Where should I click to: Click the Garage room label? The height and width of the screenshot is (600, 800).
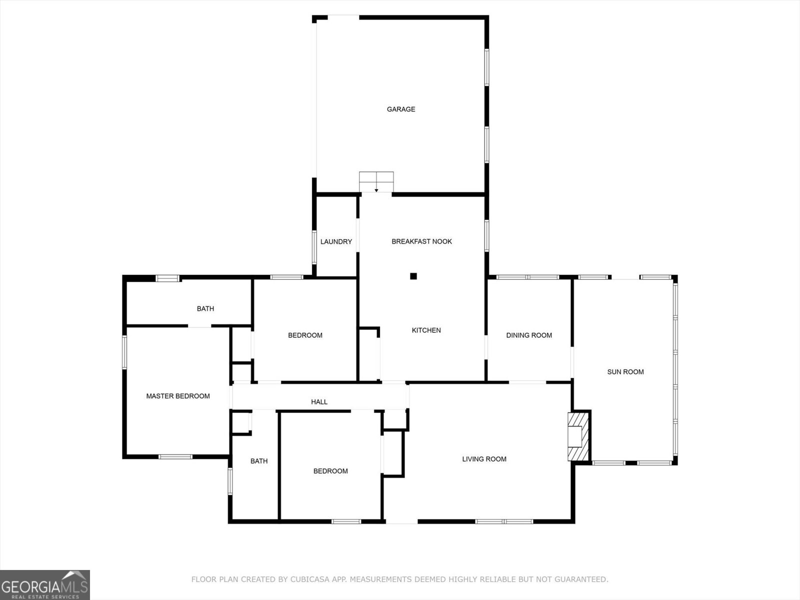[x=401, y=109]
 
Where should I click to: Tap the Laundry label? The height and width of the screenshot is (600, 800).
[x=336, y=241]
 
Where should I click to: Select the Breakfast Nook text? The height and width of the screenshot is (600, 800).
[x=421, y=241]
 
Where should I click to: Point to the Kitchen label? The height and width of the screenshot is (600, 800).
[x=426, y=330]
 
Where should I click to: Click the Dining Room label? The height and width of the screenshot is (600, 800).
[x=529, y=335]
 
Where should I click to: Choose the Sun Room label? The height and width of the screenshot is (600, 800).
[x=625, y=371]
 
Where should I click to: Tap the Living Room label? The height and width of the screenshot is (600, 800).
[x=484, y=459]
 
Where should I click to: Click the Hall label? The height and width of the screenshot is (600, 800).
[x=319, y=401]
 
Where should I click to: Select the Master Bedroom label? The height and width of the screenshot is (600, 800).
[x=178, y=396]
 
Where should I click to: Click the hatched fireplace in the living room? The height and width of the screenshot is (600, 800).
[x=579, y=435]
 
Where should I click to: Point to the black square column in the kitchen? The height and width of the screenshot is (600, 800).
[x=413, y=276]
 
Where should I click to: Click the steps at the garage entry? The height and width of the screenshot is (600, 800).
[x=376, y=181]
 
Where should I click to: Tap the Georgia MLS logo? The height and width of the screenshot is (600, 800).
[x=45, y=584]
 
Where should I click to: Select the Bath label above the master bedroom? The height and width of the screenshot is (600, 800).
[x=205, y=308]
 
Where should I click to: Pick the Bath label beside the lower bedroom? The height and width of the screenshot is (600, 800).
[x=259, y=461]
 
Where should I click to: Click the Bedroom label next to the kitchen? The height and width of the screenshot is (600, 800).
[x=305, y=335]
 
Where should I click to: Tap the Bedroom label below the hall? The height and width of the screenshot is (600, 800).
[x=330, y=471]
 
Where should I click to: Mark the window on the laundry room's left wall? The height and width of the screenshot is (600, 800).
[x=314, y=246]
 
